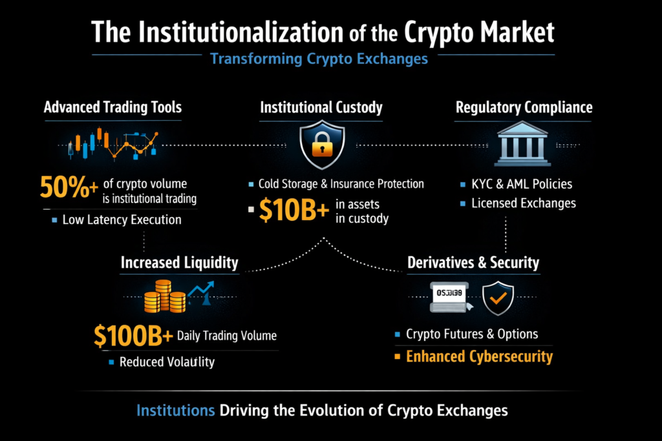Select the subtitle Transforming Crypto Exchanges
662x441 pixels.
(319, 59)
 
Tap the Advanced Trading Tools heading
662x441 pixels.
(112, 107)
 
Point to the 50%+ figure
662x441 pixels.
(69, 187)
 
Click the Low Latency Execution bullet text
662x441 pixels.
(122, 220)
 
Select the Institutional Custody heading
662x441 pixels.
(321, 107)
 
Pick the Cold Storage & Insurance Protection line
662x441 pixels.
(341, 184)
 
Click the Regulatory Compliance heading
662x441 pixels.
(524, 107)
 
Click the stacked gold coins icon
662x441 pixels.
(165, 296)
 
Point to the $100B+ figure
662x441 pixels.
(133, 336)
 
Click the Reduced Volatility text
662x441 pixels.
(167, 362)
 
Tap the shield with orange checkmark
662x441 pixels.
(498, 297)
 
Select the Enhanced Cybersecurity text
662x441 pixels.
(479, 356)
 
